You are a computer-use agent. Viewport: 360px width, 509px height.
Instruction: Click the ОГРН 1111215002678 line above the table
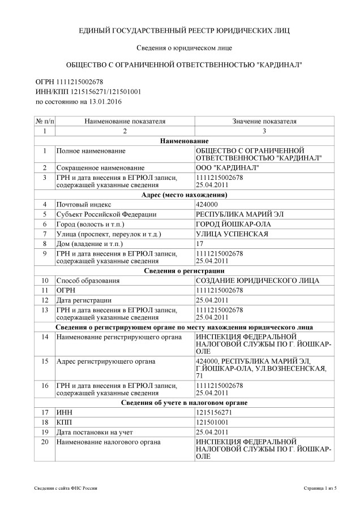click(x=70, y=82)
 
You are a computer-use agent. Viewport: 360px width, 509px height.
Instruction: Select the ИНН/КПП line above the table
click(x=88, y=92)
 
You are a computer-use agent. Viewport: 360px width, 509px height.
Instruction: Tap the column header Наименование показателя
click(x=125, y=121)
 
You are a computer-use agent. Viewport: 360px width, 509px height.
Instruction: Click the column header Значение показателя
click(x=264, y=121)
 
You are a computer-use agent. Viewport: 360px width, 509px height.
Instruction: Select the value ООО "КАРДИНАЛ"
click(x=228, y=168)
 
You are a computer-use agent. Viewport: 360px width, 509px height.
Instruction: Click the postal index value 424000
click(x=206, y=204)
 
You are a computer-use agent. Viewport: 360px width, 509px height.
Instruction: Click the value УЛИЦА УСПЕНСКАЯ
click(x=232, y=234)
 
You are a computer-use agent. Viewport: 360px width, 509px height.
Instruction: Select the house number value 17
click(x=199, y=243)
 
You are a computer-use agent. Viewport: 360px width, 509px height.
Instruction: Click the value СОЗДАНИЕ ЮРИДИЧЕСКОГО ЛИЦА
click(x=257, y=281)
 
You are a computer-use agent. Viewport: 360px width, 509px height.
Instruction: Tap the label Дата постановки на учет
click(x=91, y=432)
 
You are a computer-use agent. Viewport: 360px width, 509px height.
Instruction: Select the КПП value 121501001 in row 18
click(x=212, y=422)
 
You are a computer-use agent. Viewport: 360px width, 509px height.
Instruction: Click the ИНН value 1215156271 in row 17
click(x=213, y=412)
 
